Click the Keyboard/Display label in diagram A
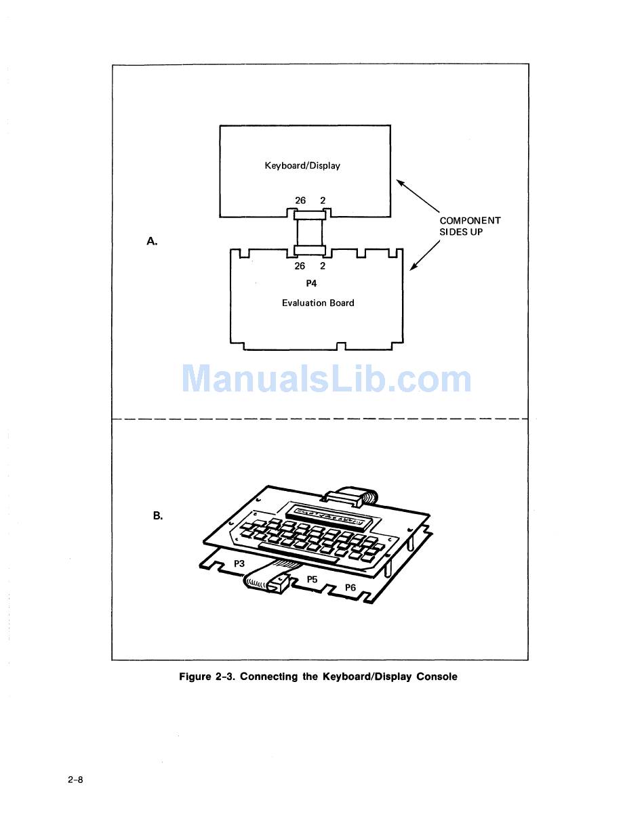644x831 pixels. coord(302,166)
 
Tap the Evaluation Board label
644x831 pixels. coord(318,303)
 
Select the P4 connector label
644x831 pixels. coord(311,284)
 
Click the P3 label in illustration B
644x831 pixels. coord(239,563)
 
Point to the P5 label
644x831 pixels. coord(312,580)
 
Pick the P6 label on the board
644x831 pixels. coord(350,588)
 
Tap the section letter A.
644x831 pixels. coord(152,241)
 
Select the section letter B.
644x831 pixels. coord(157,516)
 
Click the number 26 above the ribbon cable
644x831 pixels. coord(300,200)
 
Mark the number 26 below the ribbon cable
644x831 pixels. coord(300,266)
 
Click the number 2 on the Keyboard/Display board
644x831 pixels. coord(323,200)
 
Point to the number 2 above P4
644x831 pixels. coord(323,266)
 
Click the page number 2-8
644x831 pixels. coord(75,780)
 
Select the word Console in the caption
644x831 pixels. coord(437,677)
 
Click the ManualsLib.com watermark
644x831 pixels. coord(326,379)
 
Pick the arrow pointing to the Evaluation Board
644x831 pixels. coord(424,257)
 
